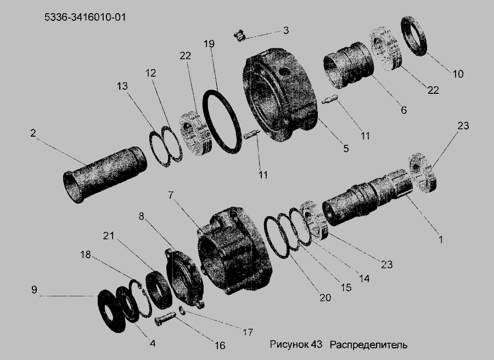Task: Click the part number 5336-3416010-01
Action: (x=85, y=17)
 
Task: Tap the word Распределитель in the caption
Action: (x=368, y=345)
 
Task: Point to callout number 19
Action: (x=209, y=43)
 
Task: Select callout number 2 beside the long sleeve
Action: (x=33, y=133)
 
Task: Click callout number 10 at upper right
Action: (x=458, y=74)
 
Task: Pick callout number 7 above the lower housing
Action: (x=171, y=195)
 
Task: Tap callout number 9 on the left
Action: (x=35, y=289)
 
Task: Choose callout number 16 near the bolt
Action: (x=220, y=345)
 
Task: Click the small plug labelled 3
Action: (x=240, y=35)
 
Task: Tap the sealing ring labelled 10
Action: (x=414, y=36)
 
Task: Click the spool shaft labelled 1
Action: (x=367, y=198)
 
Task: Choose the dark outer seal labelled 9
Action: (x=111, y=312)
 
